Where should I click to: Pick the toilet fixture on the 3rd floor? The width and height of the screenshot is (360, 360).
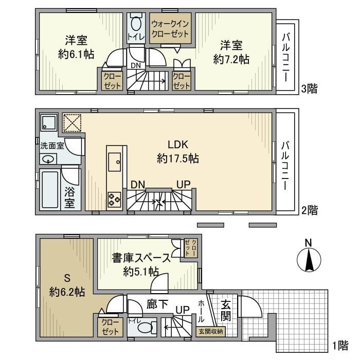point(136,23)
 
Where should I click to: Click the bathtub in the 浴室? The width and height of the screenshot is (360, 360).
point(50,189)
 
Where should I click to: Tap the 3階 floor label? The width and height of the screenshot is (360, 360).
point(309,88)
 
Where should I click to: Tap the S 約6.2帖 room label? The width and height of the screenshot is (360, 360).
point(67,285)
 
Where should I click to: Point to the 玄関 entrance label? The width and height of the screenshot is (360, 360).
point(227,308)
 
